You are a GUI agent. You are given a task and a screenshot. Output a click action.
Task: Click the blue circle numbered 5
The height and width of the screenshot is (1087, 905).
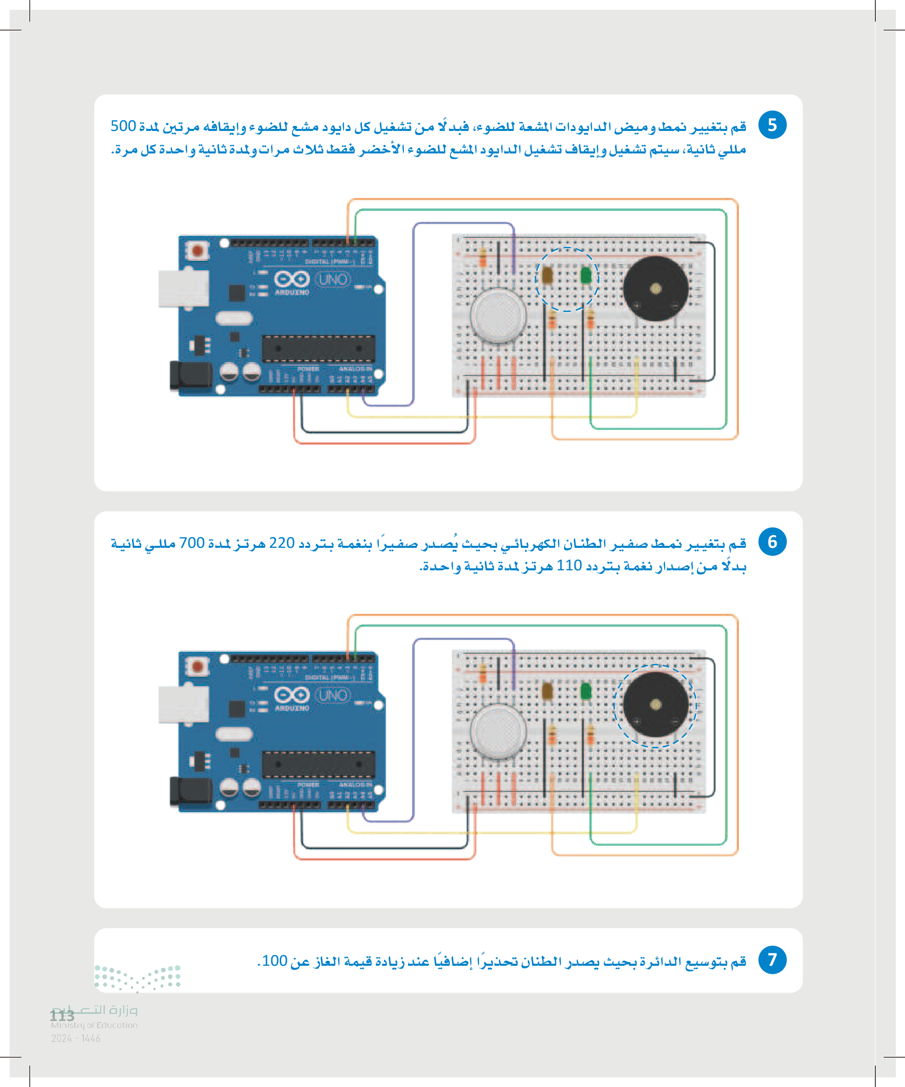pos(772,125)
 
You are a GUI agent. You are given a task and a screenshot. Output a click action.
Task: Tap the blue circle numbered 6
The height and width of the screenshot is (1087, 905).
pos(772,541)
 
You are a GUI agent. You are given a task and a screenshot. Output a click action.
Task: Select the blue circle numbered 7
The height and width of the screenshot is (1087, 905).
pos(772,960)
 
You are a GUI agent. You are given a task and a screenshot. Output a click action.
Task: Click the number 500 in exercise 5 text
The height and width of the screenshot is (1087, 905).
pos(123,126)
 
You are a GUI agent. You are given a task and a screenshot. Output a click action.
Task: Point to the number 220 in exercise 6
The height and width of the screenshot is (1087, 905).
pos(282,543)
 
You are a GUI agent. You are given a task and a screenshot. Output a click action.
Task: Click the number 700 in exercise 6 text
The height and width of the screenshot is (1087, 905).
pos(192,543)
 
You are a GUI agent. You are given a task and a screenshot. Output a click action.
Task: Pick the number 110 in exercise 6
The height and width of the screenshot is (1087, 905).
pos(569,566)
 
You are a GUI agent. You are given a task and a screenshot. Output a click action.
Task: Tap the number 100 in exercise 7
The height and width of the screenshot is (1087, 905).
pos(275,961)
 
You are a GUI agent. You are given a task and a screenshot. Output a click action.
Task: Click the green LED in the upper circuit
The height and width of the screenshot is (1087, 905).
pos(586,275)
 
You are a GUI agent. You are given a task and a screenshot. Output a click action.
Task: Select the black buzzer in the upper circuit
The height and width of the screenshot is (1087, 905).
pos(655,289)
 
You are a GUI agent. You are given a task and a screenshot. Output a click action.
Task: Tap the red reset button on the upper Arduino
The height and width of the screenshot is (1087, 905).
pos(197,251)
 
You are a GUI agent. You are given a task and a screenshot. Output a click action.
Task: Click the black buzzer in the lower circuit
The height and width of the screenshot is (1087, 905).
pos(655,704)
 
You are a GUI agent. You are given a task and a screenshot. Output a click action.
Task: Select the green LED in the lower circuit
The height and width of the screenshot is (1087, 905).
pos(586,691)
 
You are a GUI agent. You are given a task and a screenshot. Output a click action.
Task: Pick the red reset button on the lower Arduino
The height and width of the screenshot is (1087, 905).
pos(197,666)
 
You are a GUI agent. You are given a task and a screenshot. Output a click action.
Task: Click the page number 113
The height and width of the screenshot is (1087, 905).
pos(62,1016)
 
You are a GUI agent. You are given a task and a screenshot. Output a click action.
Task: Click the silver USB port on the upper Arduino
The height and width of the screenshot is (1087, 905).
pos(183,289)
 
